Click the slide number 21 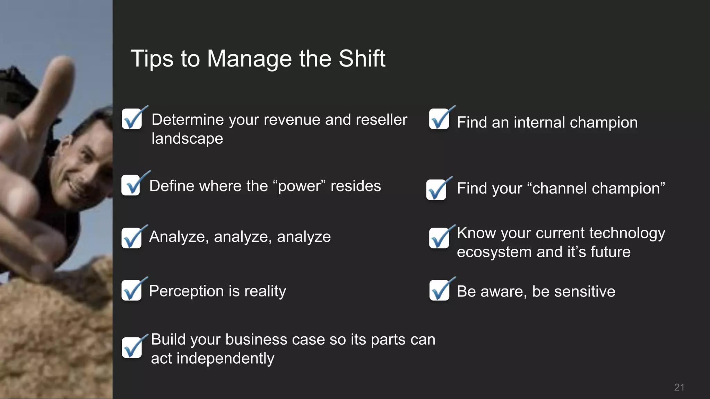click(679, 387)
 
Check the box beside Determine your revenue click(132, 119)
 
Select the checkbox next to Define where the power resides click(131, 185)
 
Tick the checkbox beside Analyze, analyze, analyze click(131, 238)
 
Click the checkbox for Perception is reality click(131, 290)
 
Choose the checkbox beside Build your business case click(132, 347)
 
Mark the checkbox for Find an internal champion click(439, 119)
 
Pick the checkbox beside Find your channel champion click(436, 190)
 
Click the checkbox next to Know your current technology click(439, 238)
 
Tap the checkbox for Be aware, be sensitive click(439, 290)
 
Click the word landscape click(187, 139)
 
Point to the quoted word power click(300, 186)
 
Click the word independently click(225, 358)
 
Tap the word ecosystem click(494, 252)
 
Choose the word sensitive click(585, 291)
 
